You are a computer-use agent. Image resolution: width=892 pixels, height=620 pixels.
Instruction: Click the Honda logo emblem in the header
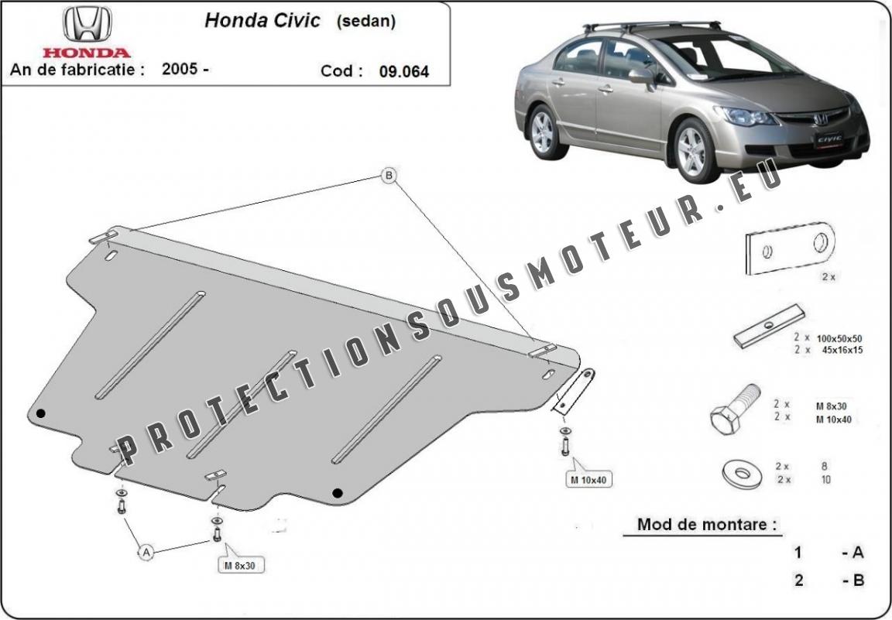87,25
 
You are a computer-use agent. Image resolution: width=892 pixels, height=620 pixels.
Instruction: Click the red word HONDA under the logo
87,53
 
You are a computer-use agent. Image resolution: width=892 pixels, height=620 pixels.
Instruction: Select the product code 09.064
404,72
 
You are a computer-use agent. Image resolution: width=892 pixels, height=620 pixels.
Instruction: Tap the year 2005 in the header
180,69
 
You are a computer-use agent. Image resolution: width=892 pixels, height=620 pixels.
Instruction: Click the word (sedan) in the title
365,22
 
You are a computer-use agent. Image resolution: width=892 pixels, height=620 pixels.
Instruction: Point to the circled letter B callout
389,176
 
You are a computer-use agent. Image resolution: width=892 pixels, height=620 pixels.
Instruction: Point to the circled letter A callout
146,552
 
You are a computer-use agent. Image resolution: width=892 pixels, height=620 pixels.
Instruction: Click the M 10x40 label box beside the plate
589,478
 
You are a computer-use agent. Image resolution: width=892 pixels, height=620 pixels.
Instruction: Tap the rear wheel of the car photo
544,132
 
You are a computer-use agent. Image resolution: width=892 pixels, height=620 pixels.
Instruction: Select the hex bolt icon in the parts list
735,409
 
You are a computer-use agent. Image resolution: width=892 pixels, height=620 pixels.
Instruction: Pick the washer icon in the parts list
743,474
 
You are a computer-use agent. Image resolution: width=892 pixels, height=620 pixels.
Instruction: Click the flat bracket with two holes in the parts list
790,248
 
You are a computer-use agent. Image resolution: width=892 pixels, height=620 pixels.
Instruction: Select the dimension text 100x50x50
839,338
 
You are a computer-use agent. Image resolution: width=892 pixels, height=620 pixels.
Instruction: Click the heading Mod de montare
707,525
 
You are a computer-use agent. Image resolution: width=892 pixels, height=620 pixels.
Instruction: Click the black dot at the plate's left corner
40,413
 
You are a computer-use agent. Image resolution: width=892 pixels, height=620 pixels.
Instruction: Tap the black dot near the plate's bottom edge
338,492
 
